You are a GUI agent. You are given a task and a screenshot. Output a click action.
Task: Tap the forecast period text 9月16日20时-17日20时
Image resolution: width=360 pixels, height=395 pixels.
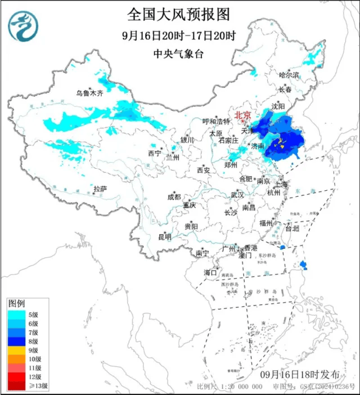tap(179, 35)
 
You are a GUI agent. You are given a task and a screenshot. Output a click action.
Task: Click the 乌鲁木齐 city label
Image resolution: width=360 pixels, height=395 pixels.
tap(90, 93)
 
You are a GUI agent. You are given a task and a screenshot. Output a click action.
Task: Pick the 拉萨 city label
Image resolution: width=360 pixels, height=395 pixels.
tap(100, 189)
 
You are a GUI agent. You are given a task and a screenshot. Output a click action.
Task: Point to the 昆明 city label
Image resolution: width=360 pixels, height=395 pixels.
tap(164, 236)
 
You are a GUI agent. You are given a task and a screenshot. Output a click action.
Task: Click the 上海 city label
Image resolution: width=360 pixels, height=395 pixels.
tap(281, 184)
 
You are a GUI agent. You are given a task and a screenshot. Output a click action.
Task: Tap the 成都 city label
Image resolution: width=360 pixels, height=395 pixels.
tap(174, 197)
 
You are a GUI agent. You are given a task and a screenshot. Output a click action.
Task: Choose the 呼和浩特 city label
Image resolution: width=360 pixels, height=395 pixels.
tap(217, 122)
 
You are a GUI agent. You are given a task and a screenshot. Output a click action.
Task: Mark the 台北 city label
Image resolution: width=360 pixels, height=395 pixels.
tap(292, 229)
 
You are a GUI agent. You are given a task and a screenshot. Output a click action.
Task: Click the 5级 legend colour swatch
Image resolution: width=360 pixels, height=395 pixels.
tap(16, 314)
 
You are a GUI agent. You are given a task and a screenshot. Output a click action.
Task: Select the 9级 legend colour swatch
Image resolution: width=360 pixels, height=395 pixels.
tap(16, 350)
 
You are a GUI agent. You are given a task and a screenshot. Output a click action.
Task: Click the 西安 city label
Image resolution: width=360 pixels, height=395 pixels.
tap(203, 170)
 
